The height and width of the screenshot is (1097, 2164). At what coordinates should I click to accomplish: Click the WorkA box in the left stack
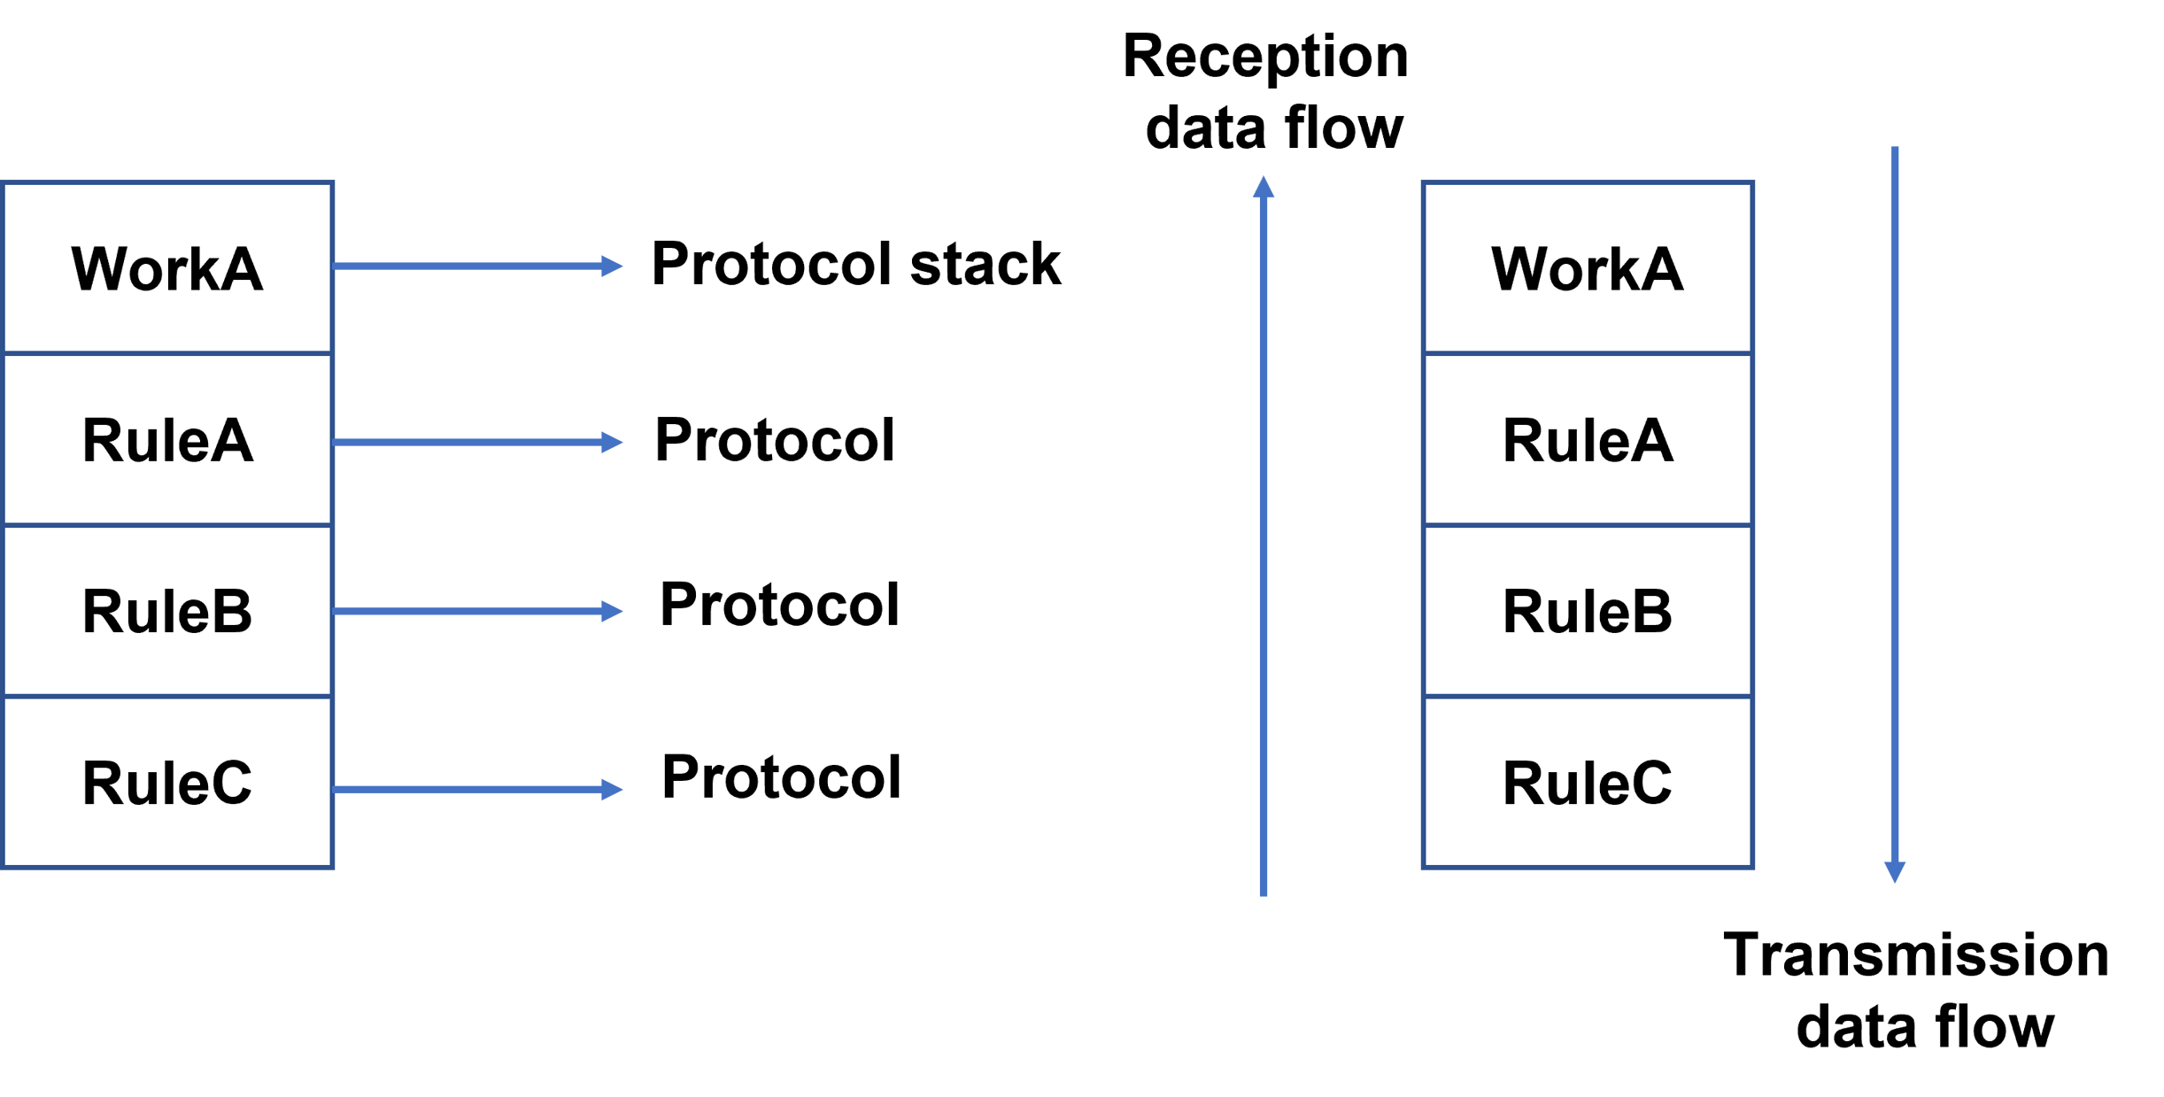(167, 267)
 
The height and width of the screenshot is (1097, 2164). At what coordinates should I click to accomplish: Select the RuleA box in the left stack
(167, 439)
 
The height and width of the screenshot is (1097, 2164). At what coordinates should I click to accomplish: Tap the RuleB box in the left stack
(167, 611)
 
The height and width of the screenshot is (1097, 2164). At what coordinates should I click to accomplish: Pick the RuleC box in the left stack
(167, 783)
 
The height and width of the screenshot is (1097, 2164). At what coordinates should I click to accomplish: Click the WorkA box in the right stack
(1587, 267)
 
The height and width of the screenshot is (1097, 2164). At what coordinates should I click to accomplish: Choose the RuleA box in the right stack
(1587, 439)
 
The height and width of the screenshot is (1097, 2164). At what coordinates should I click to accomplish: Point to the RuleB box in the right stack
(1587, 611)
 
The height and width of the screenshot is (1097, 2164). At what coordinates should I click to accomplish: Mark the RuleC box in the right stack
(1587, 783)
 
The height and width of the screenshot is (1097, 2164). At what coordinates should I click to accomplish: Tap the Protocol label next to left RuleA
(774, 440)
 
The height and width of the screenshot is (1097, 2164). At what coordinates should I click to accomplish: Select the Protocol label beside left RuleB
(779, 605)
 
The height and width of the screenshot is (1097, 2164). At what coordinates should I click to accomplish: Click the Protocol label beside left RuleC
(781, 777)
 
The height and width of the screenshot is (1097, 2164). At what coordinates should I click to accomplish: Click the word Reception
(1264, 57)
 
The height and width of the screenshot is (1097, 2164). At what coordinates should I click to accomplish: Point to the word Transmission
(1916, 956)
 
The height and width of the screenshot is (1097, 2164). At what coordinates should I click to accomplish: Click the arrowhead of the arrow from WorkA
(613, 266)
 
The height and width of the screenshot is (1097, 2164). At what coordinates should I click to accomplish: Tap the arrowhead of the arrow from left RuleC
(613, 789)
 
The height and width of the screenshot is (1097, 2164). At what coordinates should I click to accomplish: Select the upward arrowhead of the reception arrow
(1264, 187)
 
